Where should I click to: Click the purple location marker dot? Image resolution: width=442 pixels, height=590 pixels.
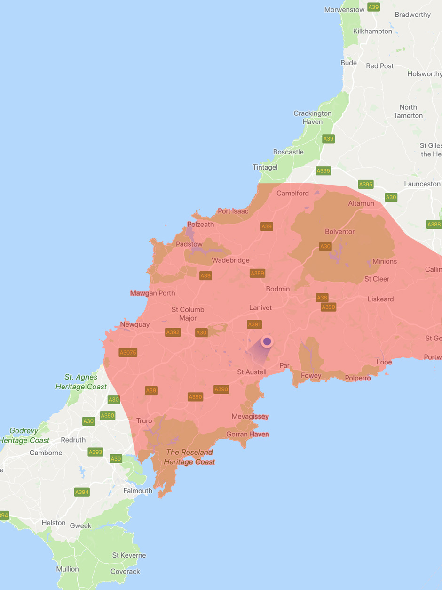tap(267, 341)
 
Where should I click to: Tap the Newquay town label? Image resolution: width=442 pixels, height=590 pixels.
tap(134, 324)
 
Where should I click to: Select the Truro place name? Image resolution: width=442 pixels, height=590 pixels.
tap(144, 421)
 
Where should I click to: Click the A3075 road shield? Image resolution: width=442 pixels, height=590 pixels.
tap(128, 352)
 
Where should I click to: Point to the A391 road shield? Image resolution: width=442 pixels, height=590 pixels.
tap(254, 324)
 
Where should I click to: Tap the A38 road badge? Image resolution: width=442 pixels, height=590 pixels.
tap(322, 298)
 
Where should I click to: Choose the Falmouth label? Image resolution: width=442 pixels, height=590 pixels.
tap(138, 491)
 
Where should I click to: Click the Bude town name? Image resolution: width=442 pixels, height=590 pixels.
tap(348, 63)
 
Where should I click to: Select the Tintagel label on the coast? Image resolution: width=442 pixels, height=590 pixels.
tap(265, 167)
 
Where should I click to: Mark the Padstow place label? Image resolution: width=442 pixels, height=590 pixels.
tap(189, 244)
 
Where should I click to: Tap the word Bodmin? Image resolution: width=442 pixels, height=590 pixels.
tap(278, 289)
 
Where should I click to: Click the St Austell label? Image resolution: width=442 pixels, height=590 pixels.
tap(252, 372)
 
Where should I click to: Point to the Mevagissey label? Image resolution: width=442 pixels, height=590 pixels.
tap(250, 417)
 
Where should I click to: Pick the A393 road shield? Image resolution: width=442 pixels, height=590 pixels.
tap(95, 452)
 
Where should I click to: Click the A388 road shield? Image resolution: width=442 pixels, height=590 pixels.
tap(434, 225)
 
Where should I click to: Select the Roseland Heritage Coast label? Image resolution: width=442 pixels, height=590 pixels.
tap(189, 457)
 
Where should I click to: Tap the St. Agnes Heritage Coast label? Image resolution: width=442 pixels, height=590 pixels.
tap(81, 382)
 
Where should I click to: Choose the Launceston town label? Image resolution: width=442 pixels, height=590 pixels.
tap(422, 184)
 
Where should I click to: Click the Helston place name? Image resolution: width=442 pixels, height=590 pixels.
tap(54, 523)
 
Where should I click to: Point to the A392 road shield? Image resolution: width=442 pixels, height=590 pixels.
tap(173, 332)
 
